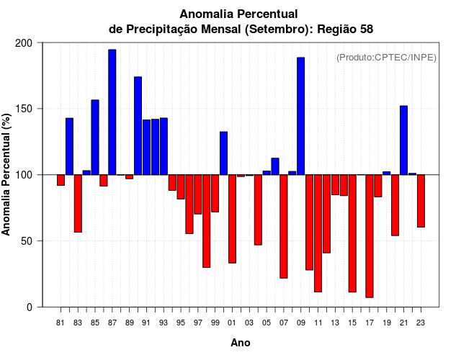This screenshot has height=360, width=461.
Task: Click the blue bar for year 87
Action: pos(112,112)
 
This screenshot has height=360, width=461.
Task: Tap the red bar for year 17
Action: pos(370,235)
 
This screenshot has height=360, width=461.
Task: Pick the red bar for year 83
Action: pos(78,203)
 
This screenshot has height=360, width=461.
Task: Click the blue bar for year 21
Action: pos(403,140)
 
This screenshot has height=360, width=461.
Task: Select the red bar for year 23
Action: pos(421,201)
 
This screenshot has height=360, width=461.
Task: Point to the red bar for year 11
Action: pos(318,233)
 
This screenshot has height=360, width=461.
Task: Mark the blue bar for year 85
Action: pos(95,137)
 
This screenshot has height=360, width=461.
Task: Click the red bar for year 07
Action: pos(284,226)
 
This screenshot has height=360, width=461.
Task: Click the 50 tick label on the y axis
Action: pos(27,241)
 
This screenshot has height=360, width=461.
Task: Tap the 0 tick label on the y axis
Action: pos(30,307)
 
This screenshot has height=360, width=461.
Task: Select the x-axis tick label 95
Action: pos(181,323)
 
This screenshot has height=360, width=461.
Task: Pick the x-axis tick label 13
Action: pos(335,323)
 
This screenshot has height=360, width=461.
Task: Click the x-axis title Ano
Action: pos(241,343)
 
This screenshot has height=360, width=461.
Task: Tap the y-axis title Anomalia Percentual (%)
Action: pos(7,175)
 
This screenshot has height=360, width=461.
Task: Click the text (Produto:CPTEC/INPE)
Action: pos(386,58)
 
